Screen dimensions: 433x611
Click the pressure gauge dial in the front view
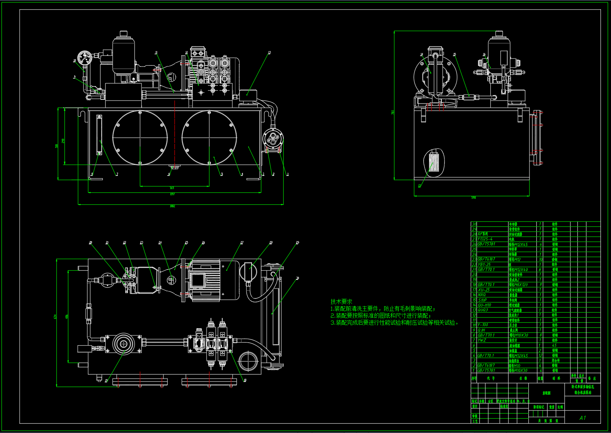84,58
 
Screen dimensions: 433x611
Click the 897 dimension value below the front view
172,194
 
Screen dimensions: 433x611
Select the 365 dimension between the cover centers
172,188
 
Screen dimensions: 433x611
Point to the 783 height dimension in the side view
393,113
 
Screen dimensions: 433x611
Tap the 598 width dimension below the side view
474,198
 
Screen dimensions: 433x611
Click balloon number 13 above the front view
269,53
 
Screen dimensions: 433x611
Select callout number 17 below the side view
419,186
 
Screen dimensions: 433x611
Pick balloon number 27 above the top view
242,243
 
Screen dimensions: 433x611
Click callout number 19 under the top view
106,380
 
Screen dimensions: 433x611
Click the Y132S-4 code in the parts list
485,239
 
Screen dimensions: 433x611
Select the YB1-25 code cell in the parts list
484,264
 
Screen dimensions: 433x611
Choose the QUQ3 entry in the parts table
483,310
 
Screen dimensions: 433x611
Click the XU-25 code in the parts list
484,290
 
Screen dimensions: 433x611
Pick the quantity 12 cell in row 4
540,355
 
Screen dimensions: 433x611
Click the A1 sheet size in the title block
582,418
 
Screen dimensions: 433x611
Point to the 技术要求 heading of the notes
341,302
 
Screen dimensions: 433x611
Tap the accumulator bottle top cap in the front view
124,34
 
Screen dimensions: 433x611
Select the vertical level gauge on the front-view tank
99,135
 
